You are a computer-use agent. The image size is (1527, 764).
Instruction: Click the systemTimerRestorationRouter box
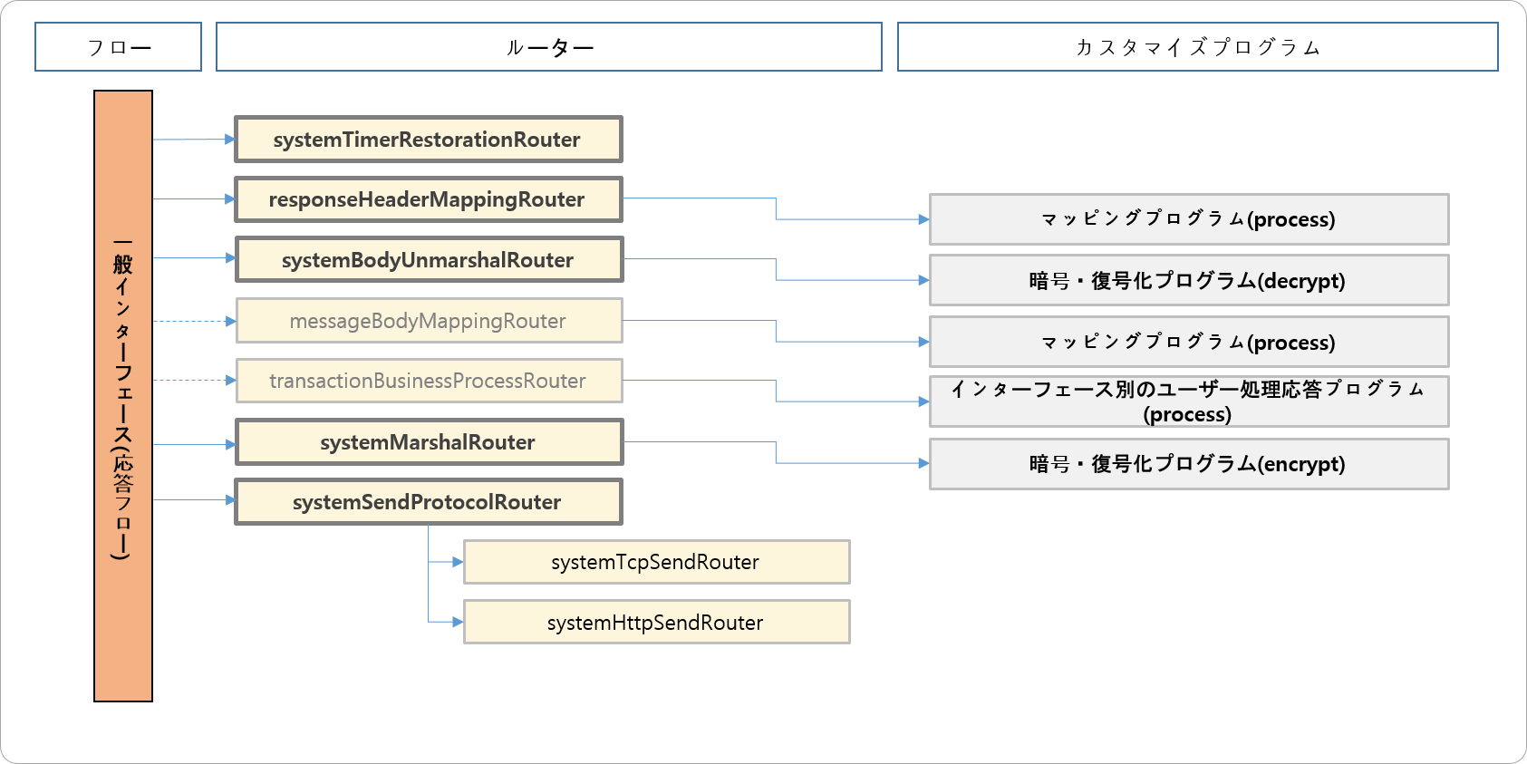(428, 140)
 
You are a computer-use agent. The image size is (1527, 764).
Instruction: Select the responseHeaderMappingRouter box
(428, 199)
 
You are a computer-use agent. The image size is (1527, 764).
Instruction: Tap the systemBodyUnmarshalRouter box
(428, 260)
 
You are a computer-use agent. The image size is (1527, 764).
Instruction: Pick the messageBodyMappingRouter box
(428, 321)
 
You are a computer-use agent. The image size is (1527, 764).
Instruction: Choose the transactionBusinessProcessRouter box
(428, 381)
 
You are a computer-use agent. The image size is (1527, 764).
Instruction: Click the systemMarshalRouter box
(428, 442)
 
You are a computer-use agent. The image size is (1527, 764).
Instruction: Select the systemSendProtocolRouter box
(428, 502)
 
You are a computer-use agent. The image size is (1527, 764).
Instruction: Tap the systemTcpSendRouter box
(656, 562)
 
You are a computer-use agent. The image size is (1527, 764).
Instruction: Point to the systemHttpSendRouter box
(656, 623)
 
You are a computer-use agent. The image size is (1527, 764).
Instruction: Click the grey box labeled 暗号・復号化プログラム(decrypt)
(1188, 280)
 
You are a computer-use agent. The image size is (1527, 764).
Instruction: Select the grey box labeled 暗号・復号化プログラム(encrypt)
(1188, 464)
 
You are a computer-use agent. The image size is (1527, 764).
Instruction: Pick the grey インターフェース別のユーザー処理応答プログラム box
(1188, 401)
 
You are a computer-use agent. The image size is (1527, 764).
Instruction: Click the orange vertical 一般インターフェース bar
(123, 396)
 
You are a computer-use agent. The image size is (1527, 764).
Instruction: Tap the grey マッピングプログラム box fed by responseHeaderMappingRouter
(1188, 219)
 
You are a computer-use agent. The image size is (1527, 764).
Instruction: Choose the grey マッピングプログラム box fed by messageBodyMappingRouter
(1188, 343)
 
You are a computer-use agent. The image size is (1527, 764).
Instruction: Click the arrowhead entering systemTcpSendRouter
(458, 562)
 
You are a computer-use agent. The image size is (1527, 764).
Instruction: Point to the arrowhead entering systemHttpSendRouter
(458, 623)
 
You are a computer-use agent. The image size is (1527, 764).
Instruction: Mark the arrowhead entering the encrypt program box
(923, 463)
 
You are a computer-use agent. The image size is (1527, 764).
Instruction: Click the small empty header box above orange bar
(118, 47)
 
